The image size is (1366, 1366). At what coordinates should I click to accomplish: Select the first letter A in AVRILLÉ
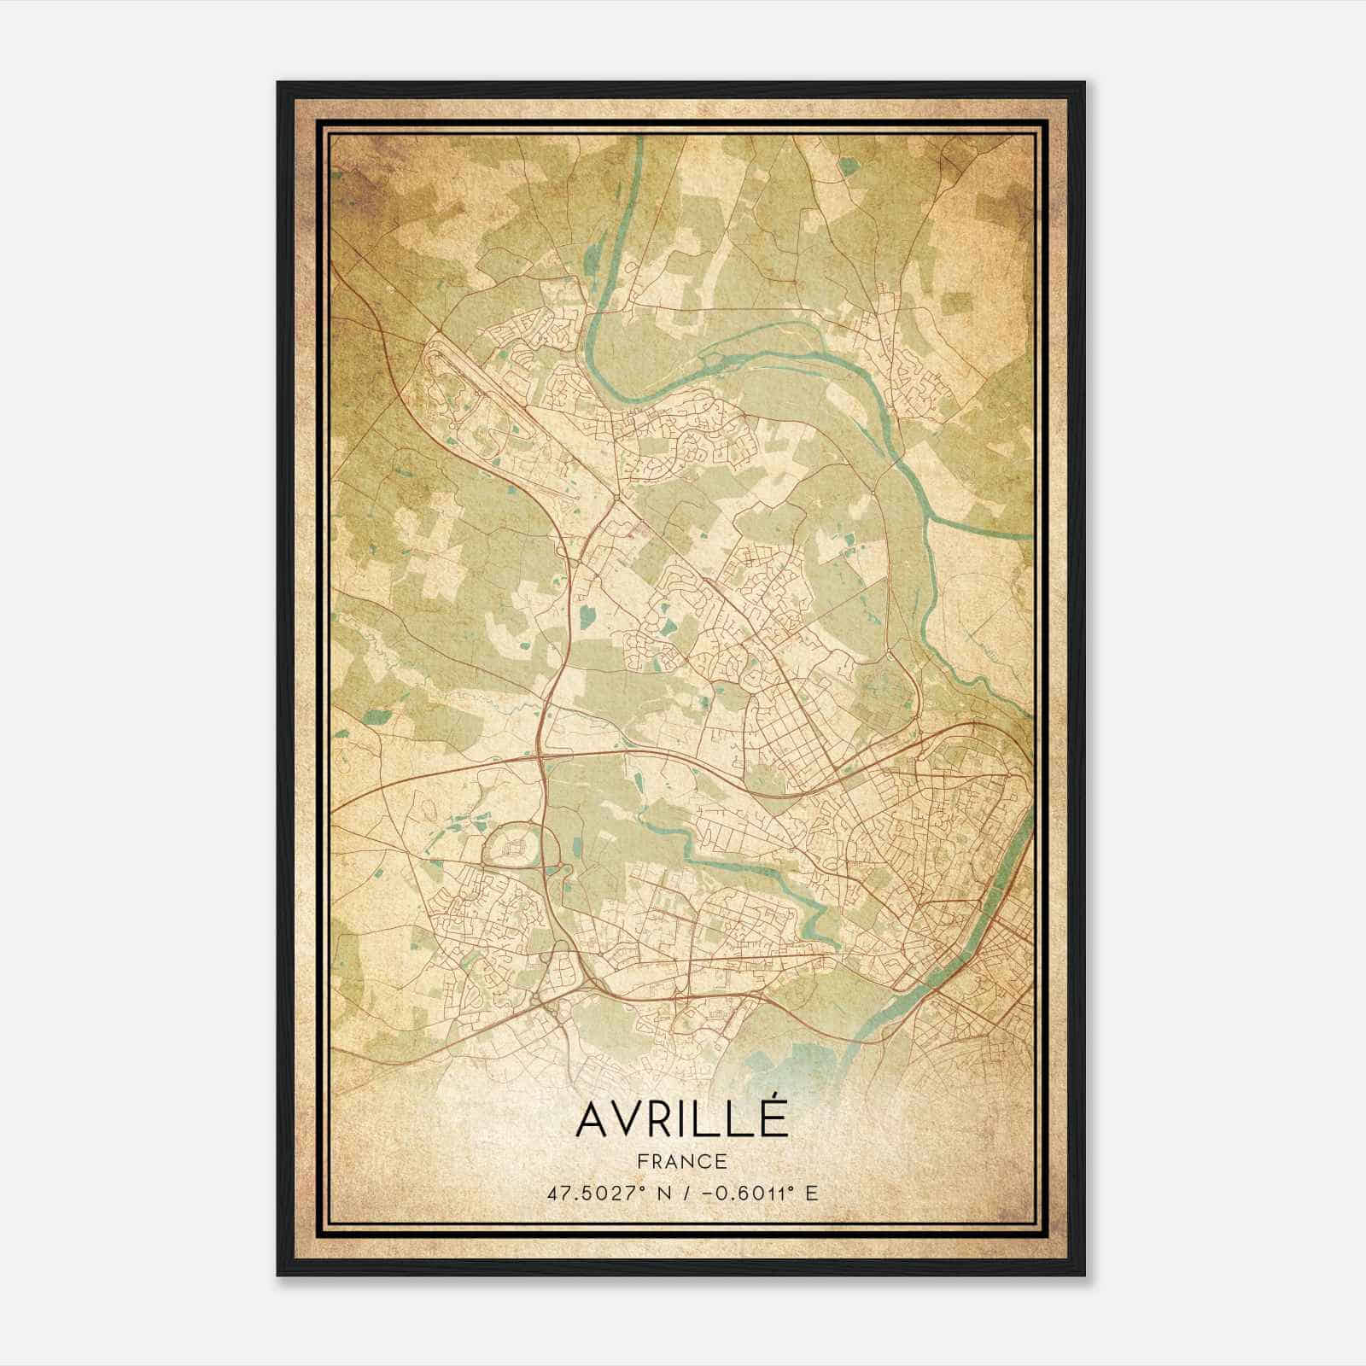(x=592, y=1118)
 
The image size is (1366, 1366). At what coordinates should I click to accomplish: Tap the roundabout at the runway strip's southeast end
(x=616, y=496)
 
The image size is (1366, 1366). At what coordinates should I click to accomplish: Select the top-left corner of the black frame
(x=278, y=83)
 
